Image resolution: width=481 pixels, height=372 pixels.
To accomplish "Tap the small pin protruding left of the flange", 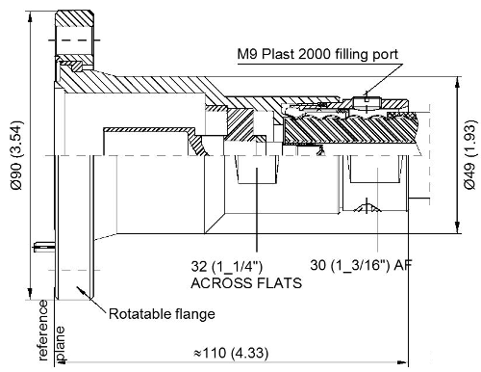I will coord(38,244).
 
